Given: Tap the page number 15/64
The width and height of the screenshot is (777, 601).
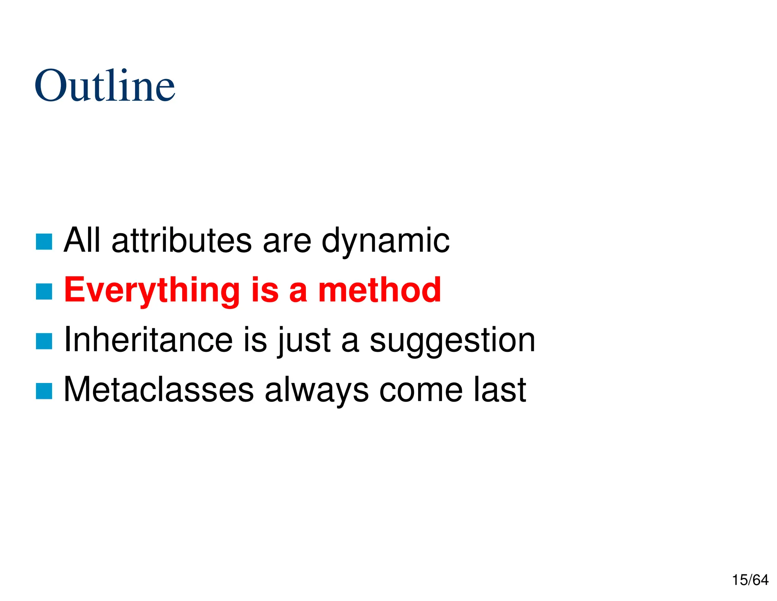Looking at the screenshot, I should coord(750,580).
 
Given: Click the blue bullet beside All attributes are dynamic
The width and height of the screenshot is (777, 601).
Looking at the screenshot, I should coord(44,242).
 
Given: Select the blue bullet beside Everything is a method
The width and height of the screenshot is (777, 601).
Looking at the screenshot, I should coord(44,291).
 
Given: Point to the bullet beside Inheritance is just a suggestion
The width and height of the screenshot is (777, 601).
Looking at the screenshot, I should coord(44,341).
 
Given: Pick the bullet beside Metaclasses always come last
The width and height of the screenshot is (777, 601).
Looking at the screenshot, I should coord(44,391).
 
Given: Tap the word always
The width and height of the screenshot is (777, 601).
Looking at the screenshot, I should coord(316,391).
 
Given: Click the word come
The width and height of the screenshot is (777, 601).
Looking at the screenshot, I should coord(421,390).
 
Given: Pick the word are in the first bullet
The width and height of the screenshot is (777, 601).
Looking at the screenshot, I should coord(287,241).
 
